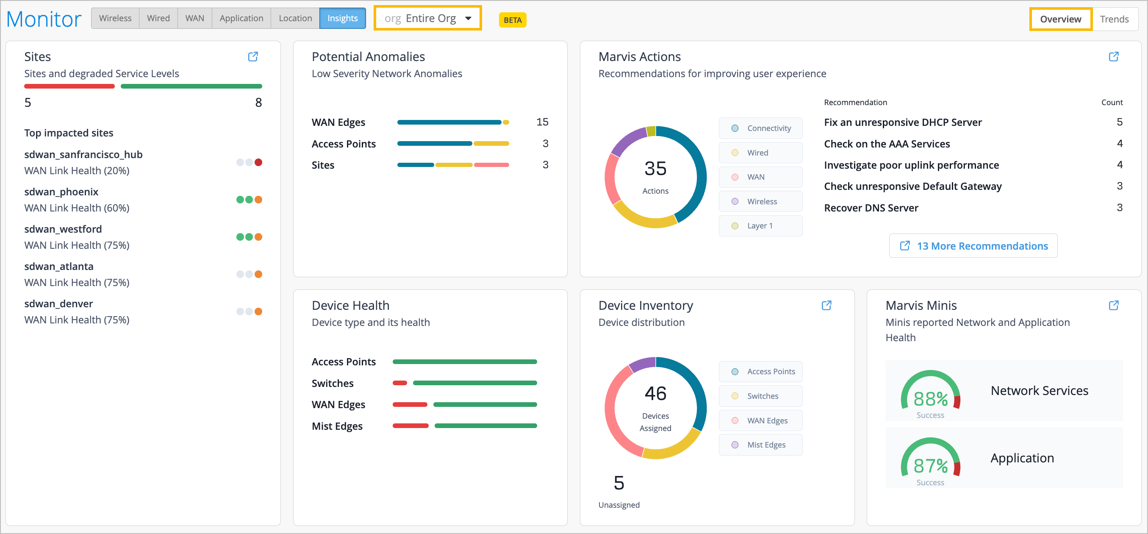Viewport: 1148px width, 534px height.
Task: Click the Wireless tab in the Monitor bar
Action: [115, 18]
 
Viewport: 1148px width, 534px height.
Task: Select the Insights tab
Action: [342, 18]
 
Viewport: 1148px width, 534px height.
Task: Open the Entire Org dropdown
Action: [427, 18]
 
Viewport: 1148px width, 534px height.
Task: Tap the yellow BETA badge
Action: [513, 20]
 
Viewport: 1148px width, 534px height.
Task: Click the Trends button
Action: [1114, 19]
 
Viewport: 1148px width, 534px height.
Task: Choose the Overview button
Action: [1060, 19]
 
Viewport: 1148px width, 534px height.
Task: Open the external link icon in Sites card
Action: [252, 57]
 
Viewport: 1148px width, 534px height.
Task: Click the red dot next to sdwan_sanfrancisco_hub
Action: [258, 162]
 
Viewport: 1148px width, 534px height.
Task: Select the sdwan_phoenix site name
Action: [61, 192]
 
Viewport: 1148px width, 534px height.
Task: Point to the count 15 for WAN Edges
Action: [542, 122]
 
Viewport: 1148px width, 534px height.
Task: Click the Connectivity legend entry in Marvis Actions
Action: [760, 128]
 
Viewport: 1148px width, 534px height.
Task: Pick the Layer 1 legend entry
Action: [760, 226]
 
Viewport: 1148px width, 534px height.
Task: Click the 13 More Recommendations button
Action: [973, 246]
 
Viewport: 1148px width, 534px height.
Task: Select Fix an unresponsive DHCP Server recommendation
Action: [902, 122]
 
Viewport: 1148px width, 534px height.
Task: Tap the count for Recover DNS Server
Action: [1119, 208]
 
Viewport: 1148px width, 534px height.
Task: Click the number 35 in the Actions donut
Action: [655, 169]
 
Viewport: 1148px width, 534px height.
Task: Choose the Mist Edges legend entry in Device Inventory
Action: [760, 445]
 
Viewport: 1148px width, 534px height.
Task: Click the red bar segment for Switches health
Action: [400, 383]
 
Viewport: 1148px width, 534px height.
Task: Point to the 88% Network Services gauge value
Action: [930, 399]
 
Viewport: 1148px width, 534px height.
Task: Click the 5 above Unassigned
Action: [618, 483]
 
